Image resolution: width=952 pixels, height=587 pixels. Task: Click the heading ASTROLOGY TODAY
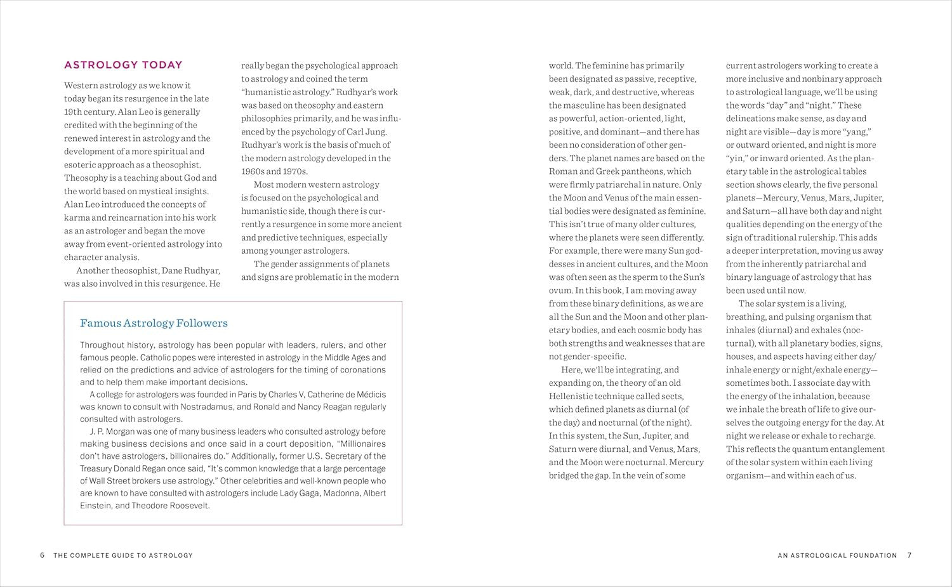click(x=123, y=65)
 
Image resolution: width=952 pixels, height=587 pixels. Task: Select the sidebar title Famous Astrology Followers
click(x=154, y=323)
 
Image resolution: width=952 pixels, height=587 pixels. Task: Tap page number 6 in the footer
click(x=43, y=555)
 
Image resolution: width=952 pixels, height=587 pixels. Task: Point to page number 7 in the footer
click(x=909, y=555)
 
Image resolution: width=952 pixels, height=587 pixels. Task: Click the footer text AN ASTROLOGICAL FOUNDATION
click(x=837, y=555)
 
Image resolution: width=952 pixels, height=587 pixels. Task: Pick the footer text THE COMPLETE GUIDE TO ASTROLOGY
click(x=123, y=555)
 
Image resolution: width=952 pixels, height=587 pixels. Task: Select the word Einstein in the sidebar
click(x=96, y=506)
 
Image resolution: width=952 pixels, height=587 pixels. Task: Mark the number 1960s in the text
click(x=253, y=171)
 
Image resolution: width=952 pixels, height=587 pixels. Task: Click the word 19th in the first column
click(x=73, y=112)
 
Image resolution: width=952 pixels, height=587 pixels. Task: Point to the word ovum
click(x=560, y=290)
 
